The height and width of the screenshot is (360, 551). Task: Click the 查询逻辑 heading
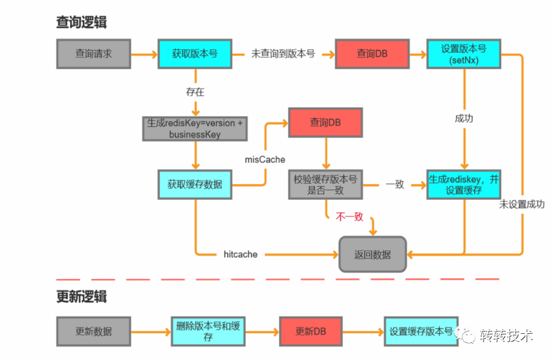tap(82, 22)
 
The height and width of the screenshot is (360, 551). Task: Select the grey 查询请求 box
tap(93, 54)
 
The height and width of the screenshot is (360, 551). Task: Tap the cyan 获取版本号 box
tap(194, 54)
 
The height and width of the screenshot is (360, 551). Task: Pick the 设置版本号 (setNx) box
tap(465, 54)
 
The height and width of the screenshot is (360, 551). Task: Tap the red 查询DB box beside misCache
tap(325, 122)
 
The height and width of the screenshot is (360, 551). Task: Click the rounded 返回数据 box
tap(372, 255)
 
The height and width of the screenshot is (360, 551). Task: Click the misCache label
tap(265, 160)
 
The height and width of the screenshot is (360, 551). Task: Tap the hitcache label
tap(240, 254)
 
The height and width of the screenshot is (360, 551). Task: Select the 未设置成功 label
tap(522, 204)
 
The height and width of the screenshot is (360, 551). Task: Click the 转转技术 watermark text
tap(505, 335)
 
